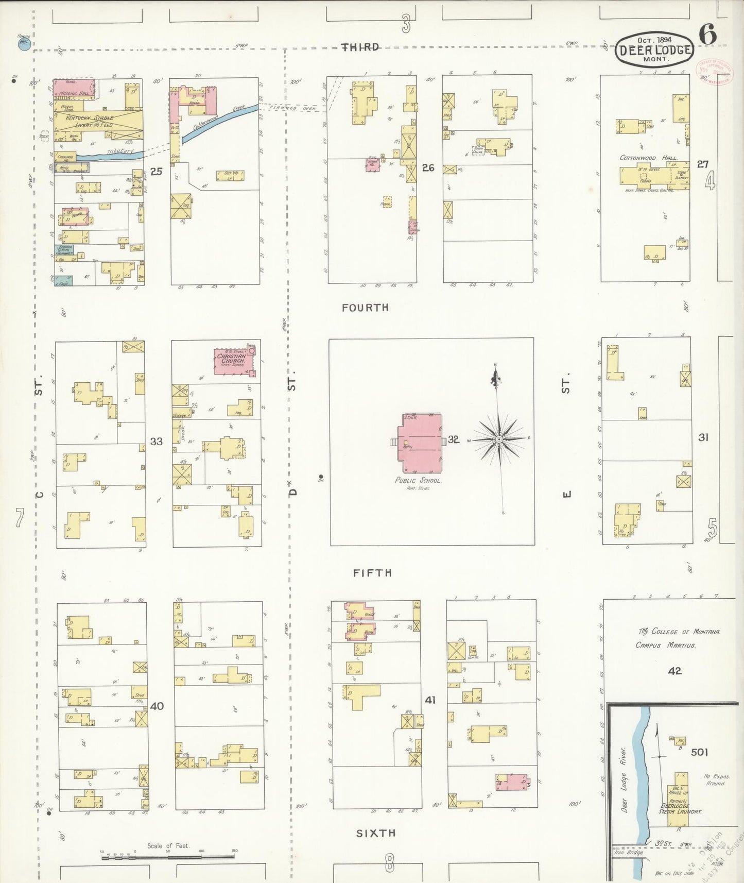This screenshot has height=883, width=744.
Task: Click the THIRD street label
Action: [361, 47]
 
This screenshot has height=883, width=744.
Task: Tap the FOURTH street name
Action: [365, 308]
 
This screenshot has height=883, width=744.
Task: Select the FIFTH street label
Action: [372, 573]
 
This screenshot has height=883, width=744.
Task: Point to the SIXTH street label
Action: [376, 833]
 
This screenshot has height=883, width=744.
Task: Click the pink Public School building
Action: [420, 442]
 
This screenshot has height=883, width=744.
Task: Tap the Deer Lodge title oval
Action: [654, 49]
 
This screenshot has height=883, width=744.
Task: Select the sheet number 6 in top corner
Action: [707, 35]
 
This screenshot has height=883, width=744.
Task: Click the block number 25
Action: [157, 172]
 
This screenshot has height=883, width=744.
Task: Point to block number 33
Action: [157, 441]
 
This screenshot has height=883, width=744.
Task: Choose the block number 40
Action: [157, 706]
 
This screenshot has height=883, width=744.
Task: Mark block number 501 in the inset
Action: [699, 752]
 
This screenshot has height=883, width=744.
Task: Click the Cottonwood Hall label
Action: [649, 158]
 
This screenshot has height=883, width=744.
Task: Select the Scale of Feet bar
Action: [167, 857]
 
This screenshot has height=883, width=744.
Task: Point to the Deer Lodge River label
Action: [625, 778]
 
